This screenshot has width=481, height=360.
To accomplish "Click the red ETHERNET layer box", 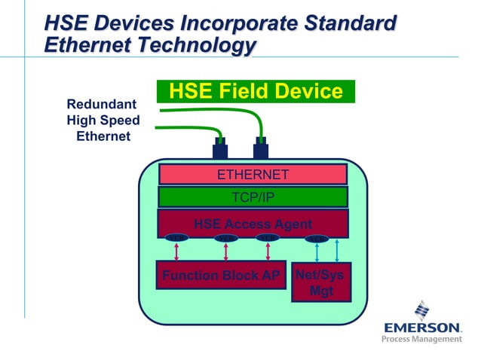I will pyautogui.click(x=253, y=175).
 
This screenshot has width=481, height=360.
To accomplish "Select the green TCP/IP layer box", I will pyautogui.click(x=253, y=197).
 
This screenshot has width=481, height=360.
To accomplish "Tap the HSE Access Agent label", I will pyautogui.click(x=253, y=224).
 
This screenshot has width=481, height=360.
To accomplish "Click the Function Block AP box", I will pyautogui.click(x=221, y=276).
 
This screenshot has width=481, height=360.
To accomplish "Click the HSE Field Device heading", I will pyautogui.click(x=256, y=92).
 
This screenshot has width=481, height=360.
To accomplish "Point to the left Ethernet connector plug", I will pyautogui.click(x=220, y=148).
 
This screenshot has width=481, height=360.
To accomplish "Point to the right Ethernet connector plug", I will pyautogui.click(x=262, y=148).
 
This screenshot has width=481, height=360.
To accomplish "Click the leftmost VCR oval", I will pyautogui.click(x=176, y=239).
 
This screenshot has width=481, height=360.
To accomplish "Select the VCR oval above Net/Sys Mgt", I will pyautogui.click(x=317, y=239).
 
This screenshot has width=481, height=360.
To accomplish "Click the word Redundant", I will pyautogui.click(x=102, y=104).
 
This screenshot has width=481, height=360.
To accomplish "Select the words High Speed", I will pyautogui.click(x=103, y=121).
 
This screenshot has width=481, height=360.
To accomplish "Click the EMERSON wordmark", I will pyautogui.click(x=422, y=328).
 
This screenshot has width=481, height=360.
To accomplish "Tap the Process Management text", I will pyautogui.click(x=421, y=340).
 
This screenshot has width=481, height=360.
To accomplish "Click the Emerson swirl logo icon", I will pyautogui.click(x=422, y=310).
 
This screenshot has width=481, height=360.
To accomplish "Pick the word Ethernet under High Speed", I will pyautogui.click(x=103, y=136).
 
